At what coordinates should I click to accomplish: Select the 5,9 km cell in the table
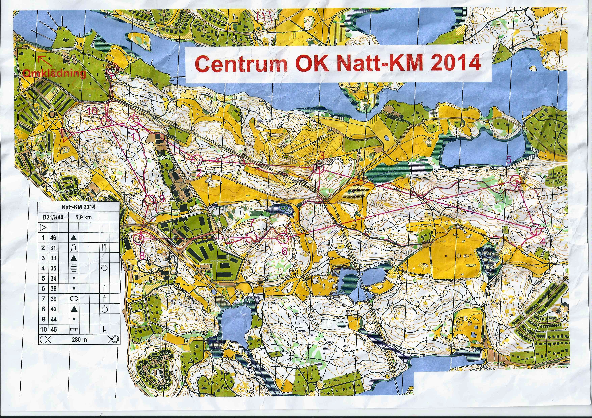point(84,217)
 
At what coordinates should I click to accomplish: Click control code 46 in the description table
point(53,238)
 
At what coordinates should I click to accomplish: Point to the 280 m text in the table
point(79,340)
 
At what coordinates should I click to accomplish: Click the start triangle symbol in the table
point(43,227)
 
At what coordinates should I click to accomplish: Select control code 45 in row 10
point(53,329)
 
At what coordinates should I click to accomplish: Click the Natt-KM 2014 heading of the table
point(79,207)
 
